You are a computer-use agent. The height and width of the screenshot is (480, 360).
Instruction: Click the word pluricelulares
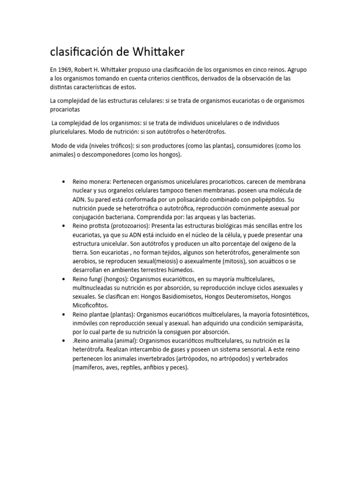[x=70, y=132]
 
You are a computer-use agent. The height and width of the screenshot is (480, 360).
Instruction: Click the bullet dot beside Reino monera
[x=63, y=181]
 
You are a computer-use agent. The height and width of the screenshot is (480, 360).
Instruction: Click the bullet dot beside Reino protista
[x=63, y=225]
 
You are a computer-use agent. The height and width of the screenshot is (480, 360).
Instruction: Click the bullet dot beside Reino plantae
[x=63, y=314]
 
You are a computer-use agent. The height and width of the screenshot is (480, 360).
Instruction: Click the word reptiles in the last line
[x=129, y=367]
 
